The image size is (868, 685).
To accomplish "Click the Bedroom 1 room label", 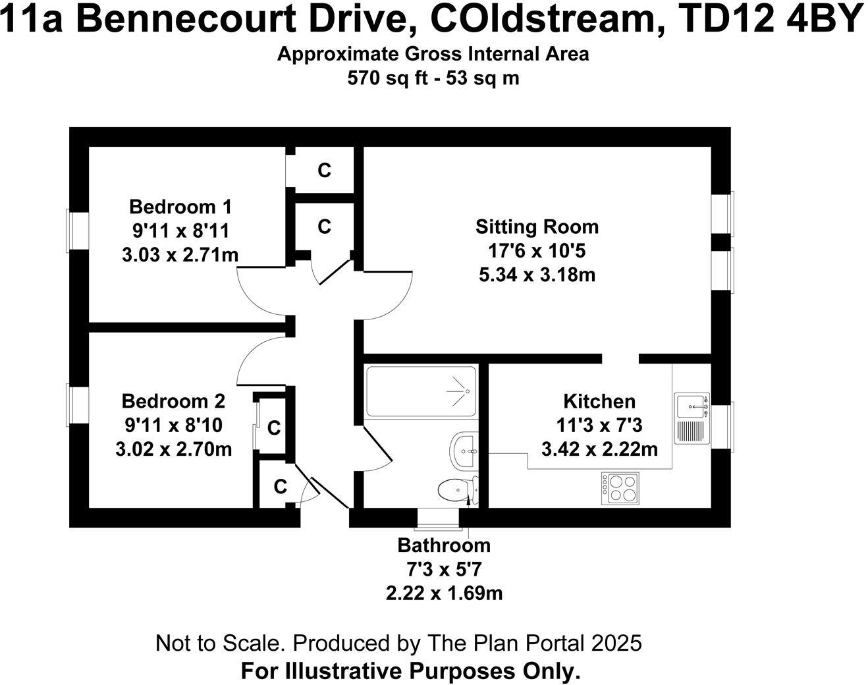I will click(180, 207).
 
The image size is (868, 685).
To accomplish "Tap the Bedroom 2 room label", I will click(173, 401).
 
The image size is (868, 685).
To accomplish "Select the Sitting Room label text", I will click(537, 227).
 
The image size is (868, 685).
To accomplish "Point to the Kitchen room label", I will click(599, 401).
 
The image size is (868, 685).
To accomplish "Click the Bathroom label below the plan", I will click(444, 545).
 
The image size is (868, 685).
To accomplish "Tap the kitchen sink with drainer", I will click(691, 418).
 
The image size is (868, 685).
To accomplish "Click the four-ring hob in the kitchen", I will click(620, 488).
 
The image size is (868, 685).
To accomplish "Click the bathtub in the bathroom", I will click(420, 392).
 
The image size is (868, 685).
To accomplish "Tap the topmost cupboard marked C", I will click(324, 171).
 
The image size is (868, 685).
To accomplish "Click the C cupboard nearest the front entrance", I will click(281, 487).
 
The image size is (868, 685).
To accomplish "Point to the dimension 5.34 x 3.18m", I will click(537, 275).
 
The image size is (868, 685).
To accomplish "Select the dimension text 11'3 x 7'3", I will click(599, 425).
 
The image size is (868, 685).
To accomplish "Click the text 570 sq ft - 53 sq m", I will click(433, 78).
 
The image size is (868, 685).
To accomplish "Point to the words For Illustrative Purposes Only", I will click(410, 671).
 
